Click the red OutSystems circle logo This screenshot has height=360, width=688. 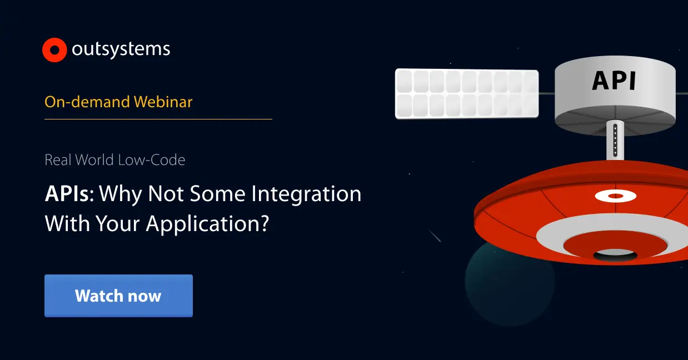54,50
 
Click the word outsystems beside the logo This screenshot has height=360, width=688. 121,49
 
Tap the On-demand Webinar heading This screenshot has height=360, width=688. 118,102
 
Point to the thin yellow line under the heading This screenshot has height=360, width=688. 158,119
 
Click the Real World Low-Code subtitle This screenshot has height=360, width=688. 114,160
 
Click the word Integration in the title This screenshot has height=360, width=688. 306,194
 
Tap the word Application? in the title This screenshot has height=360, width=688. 207,223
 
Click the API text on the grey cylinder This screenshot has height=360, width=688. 614,81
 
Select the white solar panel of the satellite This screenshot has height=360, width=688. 466,93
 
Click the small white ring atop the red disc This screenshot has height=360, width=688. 615,196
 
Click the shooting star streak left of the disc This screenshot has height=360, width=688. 435,236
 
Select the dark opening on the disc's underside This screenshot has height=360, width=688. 615,255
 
